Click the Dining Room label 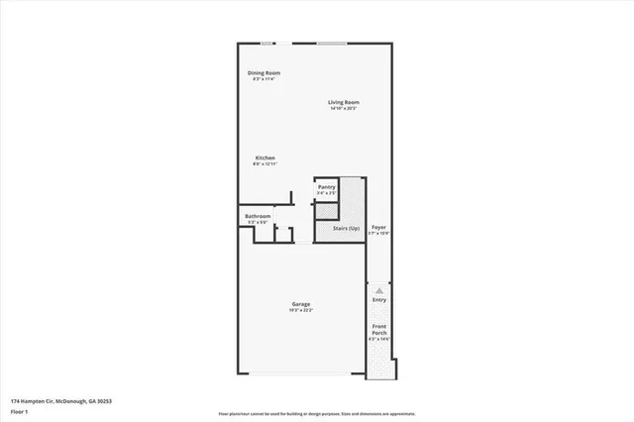pos(264,72)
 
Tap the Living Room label pos(344,102)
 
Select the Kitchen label pos(264,158)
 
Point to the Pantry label pos(325,186)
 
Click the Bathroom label pos(258,216)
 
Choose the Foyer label pos(378,227)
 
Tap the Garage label pos(301,303)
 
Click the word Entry pos(379,299)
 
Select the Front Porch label pos(379,329)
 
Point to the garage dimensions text pos(301,310)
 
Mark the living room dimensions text pos(344,109)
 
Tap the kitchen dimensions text pos(264,164)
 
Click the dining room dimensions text pos(264,79)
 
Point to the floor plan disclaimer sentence pos(317,412)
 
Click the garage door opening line pos(301,374)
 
